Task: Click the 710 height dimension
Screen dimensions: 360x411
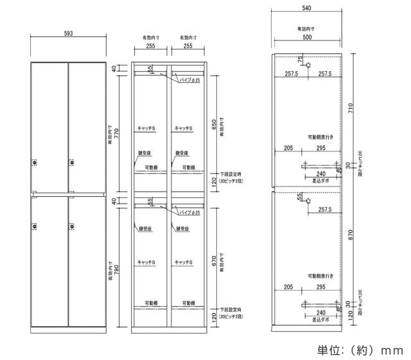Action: [x=351, y=109]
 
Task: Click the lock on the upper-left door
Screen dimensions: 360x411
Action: [x=34, y=163]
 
